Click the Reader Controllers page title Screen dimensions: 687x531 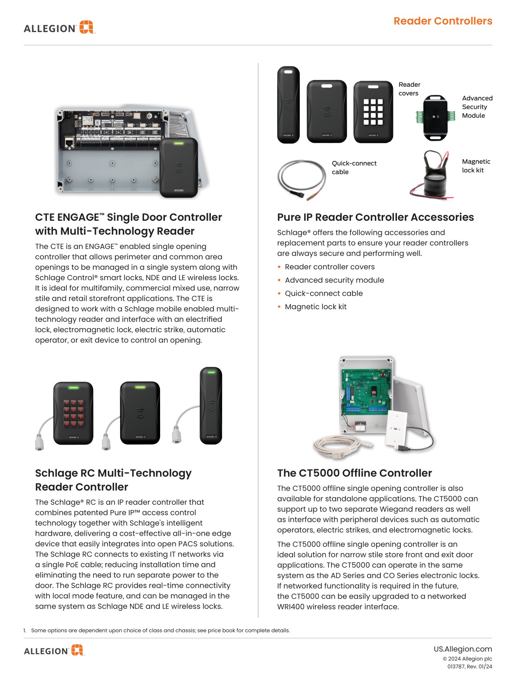[x=442, y=21]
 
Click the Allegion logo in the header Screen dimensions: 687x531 [x=59, y=28]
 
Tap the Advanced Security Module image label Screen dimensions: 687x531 [x=477, y=107]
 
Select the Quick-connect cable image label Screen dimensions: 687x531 [x=354, y=167]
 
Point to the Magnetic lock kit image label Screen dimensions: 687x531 [x=475, y=166]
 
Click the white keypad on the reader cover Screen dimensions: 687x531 [x=373, y=112]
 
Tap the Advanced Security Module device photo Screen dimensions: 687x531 [x=435, y=118]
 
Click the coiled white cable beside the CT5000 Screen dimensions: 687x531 [x=338, y=448]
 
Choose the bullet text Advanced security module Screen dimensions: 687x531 [x=334, y=280]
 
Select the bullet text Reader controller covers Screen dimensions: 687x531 [x=329, y=267]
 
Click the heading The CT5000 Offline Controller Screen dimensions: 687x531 [x=354, y=473]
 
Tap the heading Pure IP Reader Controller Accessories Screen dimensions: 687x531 [x=375, y=217]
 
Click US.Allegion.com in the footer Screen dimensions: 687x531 [x=462, y=649]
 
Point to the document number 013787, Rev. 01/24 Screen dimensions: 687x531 [x=469, y=667]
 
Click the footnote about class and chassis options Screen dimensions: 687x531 [x=160, y=630]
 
